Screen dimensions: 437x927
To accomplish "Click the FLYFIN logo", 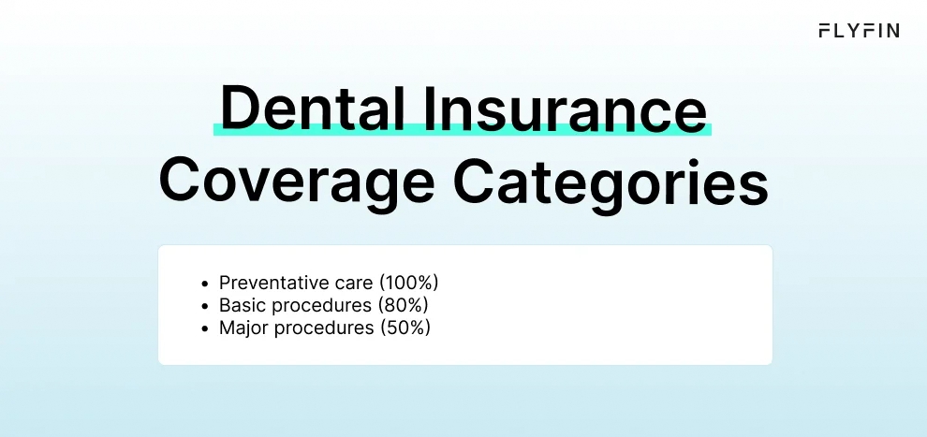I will coord(858,31).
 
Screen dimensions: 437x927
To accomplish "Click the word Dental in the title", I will coord(296,109).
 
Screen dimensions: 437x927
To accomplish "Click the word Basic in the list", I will coord(240,305).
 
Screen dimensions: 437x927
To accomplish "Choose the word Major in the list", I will coord(241,328).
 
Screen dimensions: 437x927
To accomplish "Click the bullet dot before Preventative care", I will coord(205,283).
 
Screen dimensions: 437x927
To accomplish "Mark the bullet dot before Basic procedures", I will coord(205,306).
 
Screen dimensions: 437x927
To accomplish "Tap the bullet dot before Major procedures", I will coord(205,328).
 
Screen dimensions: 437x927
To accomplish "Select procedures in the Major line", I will coord(316,328).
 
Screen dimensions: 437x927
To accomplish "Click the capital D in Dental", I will coord(238,109).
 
